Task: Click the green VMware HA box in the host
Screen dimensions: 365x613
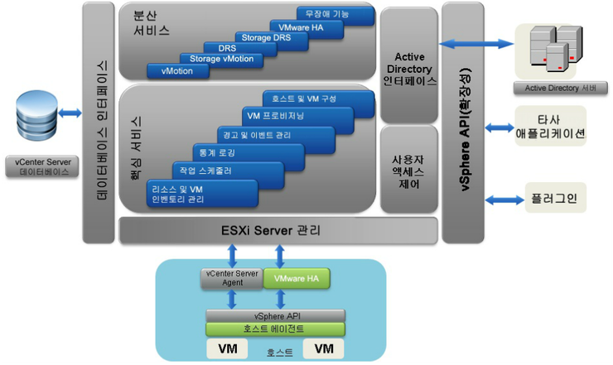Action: click(x=296, y=279)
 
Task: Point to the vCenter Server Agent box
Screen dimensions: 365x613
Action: click(x=233, y=279)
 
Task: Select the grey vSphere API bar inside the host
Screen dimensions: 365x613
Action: click(x=275, y=315)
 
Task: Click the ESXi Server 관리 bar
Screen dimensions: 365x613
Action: click(x=278, y=230)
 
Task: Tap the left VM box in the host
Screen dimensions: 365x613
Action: click(x=229, y=348)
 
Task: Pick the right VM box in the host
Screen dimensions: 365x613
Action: click(x=323, y=348)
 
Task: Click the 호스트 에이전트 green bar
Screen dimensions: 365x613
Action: click(x=275, y=329)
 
